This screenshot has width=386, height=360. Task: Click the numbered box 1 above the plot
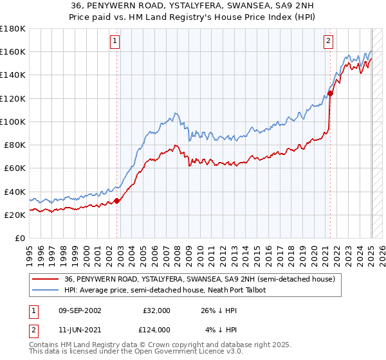tap(115, 41)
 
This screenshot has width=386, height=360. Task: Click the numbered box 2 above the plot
tap(328, 41)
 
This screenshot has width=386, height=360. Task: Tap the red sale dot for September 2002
tap(117, 201)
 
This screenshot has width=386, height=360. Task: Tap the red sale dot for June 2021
tap(330, 94)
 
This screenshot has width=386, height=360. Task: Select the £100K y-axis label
tap(13, 122)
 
